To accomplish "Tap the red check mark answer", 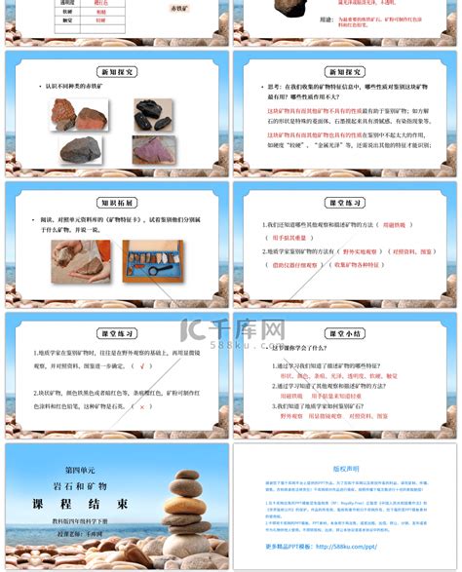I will tap(144, 366).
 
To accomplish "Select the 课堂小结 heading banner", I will tap(345, 331).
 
